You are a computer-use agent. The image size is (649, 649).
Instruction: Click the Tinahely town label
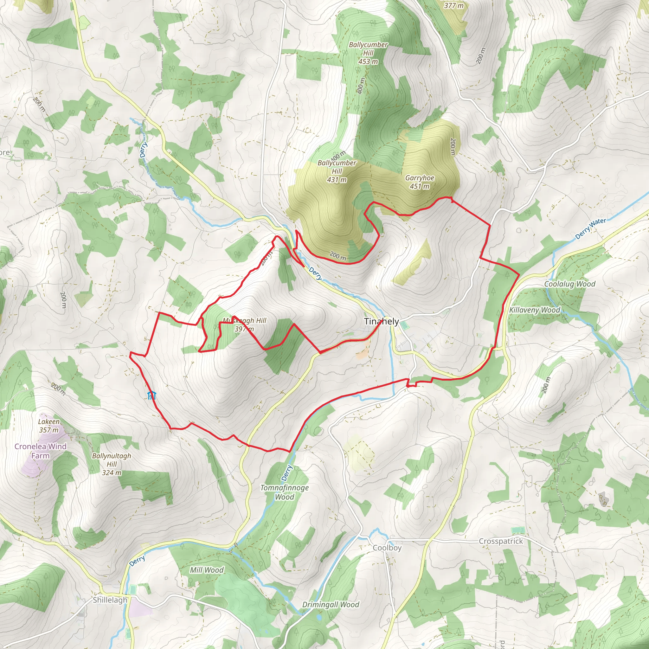[x=381, y=321]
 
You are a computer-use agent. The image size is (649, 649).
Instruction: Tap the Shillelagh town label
[x=110, y=600]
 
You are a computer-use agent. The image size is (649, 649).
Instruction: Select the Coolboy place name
[x=387, y=548]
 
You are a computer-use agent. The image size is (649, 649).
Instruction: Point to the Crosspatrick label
[x=501, y=541]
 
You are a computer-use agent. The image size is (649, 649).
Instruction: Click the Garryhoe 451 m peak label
[x=420, y=182]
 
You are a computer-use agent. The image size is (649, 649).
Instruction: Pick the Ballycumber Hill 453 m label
[x=368, y=53]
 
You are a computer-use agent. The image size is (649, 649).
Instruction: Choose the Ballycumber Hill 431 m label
[x=337, y=171]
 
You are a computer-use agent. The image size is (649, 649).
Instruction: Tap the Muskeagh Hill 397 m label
[x=245, y=324]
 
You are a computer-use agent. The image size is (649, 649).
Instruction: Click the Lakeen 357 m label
[x=49, y=426]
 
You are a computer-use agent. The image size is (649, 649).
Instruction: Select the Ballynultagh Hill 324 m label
[x=112, y=464]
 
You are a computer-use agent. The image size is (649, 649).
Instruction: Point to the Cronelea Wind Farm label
[x=40, y=451]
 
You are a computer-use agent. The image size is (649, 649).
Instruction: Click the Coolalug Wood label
[x=570, y=284]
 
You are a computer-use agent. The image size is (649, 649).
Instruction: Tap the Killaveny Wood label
[x=535, y=310]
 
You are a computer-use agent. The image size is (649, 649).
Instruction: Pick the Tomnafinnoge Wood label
[x=285, y=492]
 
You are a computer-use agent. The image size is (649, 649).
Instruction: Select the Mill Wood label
[x=207, y=570]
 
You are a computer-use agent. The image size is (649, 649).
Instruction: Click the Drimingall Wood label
[x=331, y=605]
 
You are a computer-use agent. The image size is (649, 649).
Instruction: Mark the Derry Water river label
[x=591, y=228]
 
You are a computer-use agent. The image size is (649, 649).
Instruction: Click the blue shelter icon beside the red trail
[x=151, y=395]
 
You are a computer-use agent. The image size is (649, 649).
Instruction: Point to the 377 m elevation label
[x=453, y=5]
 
